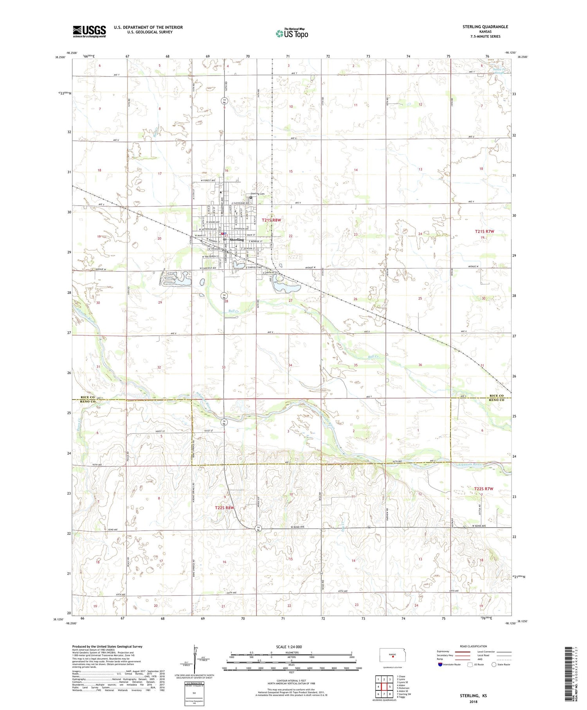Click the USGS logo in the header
click(x=89, y=31)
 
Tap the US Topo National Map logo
click(x=292, y=33)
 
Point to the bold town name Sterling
click(x=237, y=240)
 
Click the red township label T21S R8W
click(x=271, y=220)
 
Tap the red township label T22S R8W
click(x=224, y=508)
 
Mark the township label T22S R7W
click(x=484, y=489)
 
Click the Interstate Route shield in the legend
click(x=440, y=665)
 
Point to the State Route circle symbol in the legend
click(x=494, y=665)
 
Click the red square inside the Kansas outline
click(x=393, y=657)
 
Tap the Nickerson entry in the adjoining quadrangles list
click(x=403, y=688)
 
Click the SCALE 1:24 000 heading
click(x=292, y=647)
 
